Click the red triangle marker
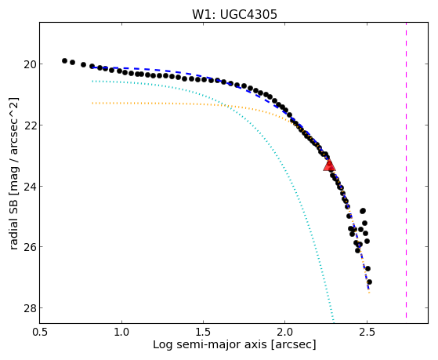(329, 165)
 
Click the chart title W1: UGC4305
(234, 14)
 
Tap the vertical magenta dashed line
(406, 170)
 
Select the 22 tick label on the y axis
(30, 125)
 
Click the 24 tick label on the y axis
(30, 186)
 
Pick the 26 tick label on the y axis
(30, 247)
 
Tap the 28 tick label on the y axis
(30, 307)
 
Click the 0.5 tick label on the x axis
(40, 332)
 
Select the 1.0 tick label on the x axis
(121, 332)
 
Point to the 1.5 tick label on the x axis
(203, 332)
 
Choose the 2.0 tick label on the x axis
(284, 332)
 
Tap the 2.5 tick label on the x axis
(367, 332)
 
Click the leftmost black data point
(64, 60)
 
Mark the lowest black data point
(369, 282)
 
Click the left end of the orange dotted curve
(92, 104)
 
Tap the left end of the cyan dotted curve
(92, 81)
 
